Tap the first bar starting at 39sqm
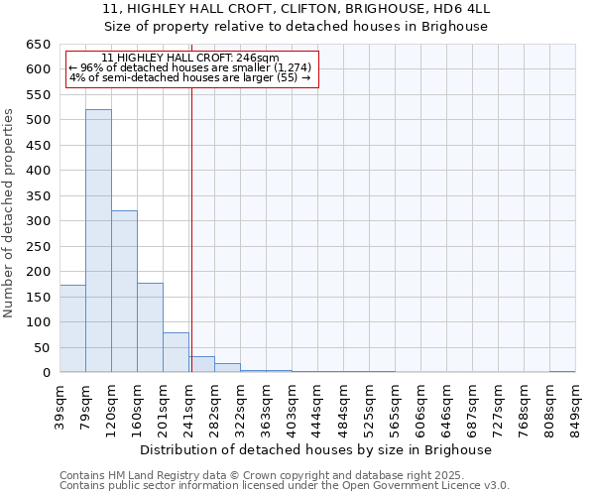click(72, 328)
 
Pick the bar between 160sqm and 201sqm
click(150, 327)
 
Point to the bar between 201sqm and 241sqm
click(176, 352)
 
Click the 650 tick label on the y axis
click(38, 45)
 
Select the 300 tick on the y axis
click(38, 221)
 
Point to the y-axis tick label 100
click(38, 322)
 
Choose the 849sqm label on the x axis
click(576, 405)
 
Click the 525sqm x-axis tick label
click(370, 405)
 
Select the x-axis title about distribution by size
click(316, 449)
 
